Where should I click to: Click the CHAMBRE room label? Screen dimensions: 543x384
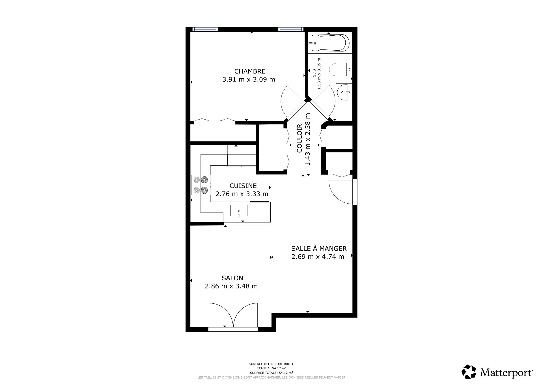pos(250,71)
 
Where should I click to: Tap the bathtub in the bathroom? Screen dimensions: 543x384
pos(329,43)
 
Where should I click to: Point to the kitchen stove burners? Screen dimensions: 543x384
pos(201,185)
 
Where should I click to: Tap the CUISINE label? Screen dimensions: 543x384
pos(243,186)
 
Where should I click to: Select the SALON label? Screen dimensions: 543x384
pos(232,278)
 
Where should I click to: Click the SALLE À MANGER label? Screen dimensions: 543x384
pos(319,249)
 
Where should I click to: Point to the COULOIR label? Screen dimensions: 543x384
pos(299,139)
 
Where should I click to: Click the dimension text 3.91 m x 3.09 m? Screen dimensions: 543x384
pos(249,79)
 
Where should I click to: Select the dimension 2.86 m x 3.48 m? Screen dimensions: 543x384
pos(231,286)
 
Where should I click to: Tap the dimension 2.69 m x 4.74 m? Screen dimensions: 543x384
pos(318,257)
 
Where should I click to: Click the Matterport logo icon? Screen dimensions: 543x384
pos(469,372)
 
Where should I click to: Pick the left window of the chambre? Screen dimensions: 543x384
pos(205,29)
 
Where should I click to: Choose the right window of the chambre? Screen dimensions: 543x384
pos(290,29)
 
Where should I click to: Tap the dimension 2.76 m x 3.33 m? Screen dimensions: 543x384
pos(242,194)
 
